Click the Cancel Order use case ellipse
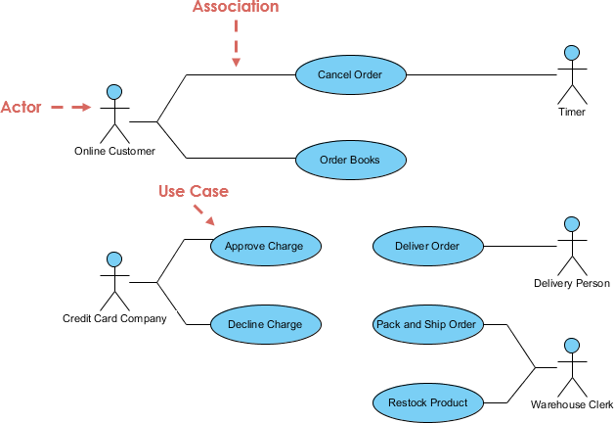pos(350,74)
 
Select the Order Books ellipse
pos(350,159)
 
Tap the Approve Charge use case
pos(264,246)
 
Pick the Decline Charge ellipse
pos(264,324)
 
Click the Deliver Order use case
pos(427,246)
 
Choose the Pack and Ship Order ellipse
pos(426,324)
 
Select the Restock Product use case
pos(427,402)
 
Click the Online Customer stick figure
pos(114,114)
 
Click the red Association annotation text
pos(236,7)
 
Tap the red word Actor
pos(21,107)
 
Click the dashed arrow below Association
pos(236,44)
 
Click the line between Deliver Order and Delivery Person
pos(517,246)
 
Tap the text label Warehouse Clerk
pos(572,404)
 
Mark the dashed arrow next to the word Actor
pos(69,107)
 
